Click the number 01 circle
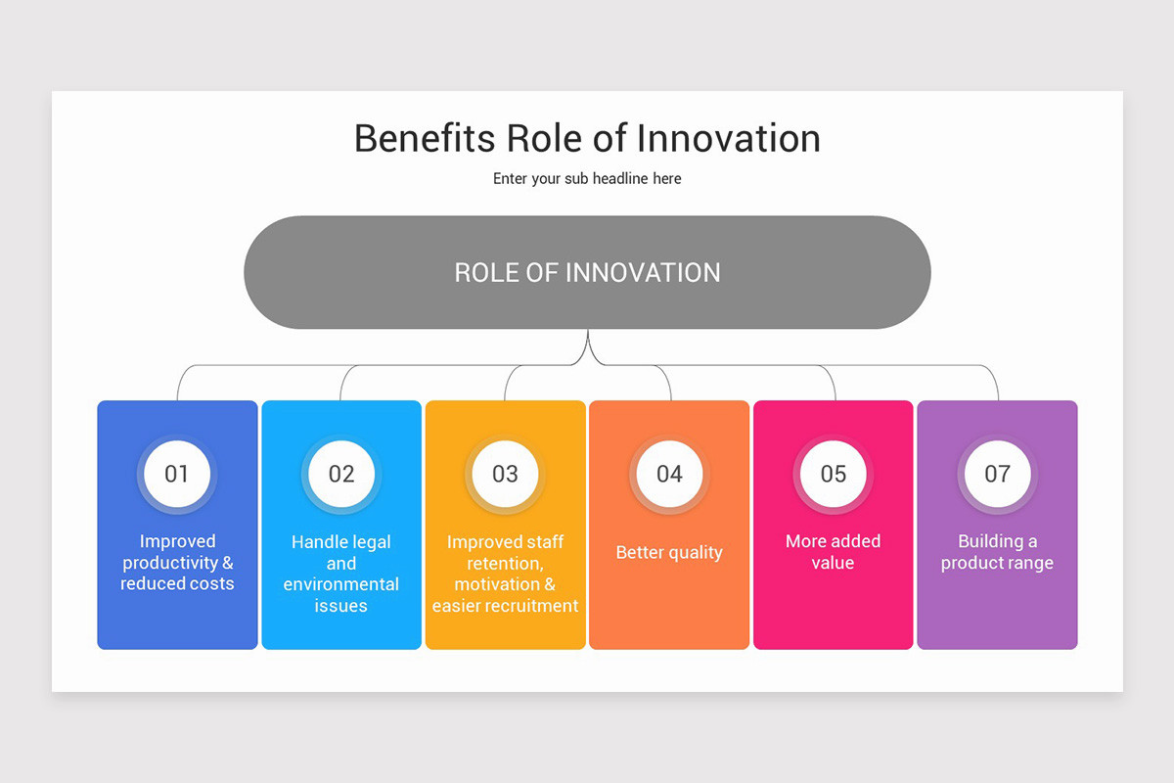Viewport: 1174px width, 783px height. (x=177, y=475)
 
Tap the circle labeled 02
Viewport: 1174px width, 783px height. (x=341, y=475)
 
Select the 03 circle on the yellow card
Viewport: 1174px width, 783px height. (x=505, y=475)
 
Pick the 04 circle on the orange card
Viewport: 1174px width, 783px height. (x=669, y=475)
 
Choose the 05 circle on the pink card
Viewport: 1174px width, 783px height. (x=834, y=475)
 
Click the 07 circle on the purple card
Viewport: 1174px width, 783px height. (x=997, y=475)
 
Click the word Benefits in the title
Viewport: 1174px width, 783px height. (x=425, y=138)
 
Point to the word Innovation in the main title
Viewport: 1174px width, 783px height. (x=728, y=138)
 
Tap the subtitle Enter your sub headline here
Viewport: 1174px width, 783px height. (x=587, y=179)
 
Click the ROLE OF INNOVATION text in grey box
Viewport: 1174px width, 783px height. (x=587, y=272)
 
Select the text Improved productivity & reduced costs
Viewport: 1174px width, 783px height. (x=177, y=563)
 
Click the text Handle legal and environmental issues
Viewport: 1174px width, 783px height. (x=341, y=574)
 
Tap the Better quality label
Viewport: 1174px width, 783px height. (x=669, y=553)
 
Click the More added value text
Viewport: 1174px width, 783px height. (x=834, y=552)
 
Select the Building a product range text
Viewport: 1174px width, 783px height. (x=997, y=552)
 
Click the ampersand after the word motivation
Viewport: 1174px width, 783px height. (x=549, y=584)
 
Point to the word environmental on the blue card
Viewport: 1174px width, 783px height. (x=341, y=584)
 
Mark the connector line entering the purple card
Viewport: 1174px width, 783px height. (x=998, y=390)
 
